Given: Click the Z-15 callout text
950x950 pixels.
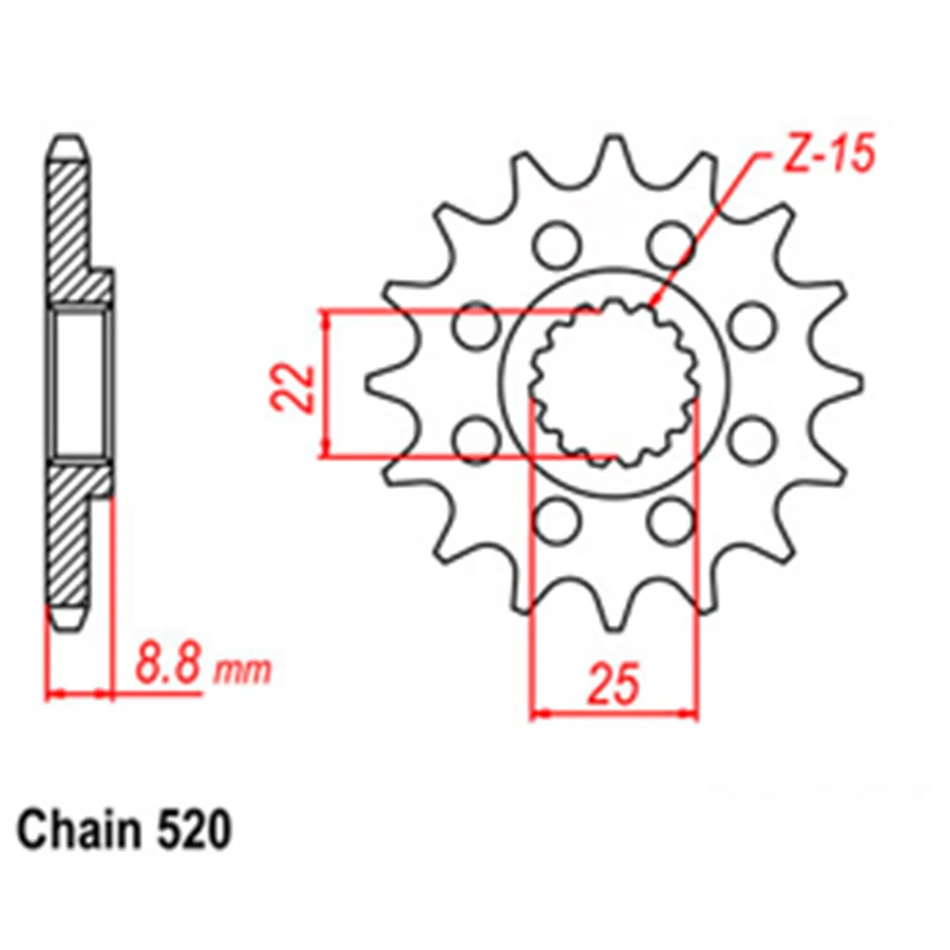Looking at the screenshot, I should pos(820,157).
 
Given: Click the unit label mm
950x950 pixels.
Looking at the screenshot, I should pos(243,672).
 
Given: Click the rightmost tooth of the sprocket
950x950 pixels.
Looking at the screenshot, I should pos(848,382).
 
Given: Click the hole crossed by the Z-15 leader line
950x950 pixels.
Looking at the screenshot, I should pos(674,243).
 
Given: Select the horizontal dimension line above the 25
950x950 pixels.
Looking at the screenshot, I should pos(614,712).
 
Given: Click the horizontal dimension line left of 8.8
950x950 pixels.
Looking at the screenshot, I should pos(79,693).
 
